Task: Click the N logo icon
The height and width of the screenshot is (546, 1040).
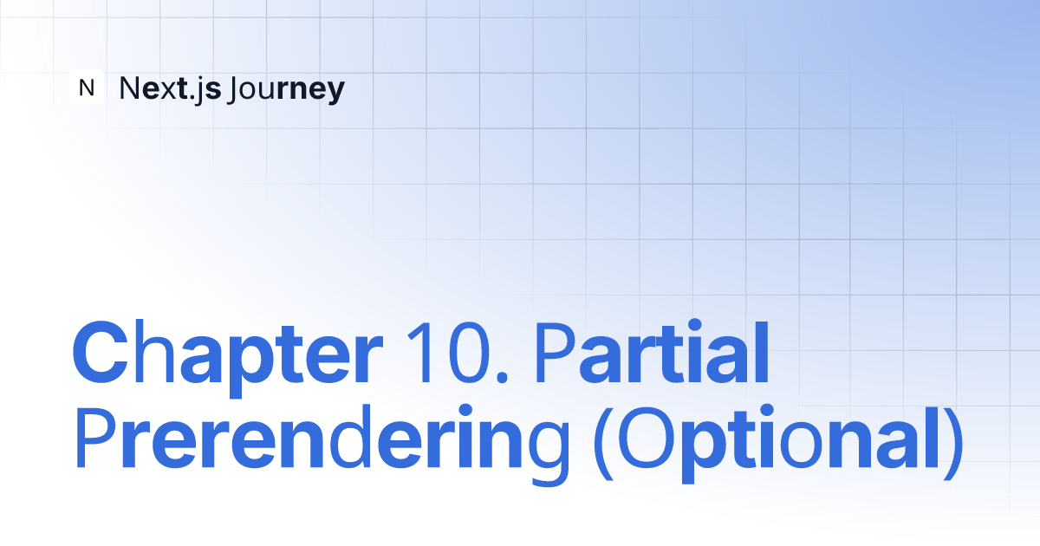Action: tap(87, 87)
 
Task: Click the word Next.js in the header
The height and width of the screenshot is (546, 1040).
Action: tap(170, 89)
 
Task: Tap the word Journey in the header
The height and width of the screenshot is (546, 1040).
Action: tap(287, 90)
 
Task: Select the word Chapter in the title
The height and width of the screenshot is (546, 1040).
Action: tap(227, 357)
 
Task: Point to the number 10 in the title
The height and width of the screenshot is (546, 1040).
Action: tap(449, 353)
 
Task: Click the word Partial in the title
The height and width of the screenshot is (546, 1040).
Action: tap(653, 352)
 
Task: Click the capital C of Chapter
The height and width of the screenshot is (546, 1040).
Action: tap(101, 353)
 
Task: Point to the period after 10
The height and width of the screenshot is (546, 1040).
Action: tap(502, 376)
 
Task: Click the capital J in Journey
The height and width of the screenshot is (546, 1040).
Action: tap(236, 89)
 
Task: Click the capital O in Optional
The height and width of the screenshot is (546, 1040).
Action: tap(647, 438)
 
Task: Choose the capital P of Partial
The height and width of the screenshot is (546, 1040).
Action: tap(556, 353)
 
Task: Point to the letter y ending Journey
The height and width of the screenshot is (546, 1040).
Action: tap(334, 94)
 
